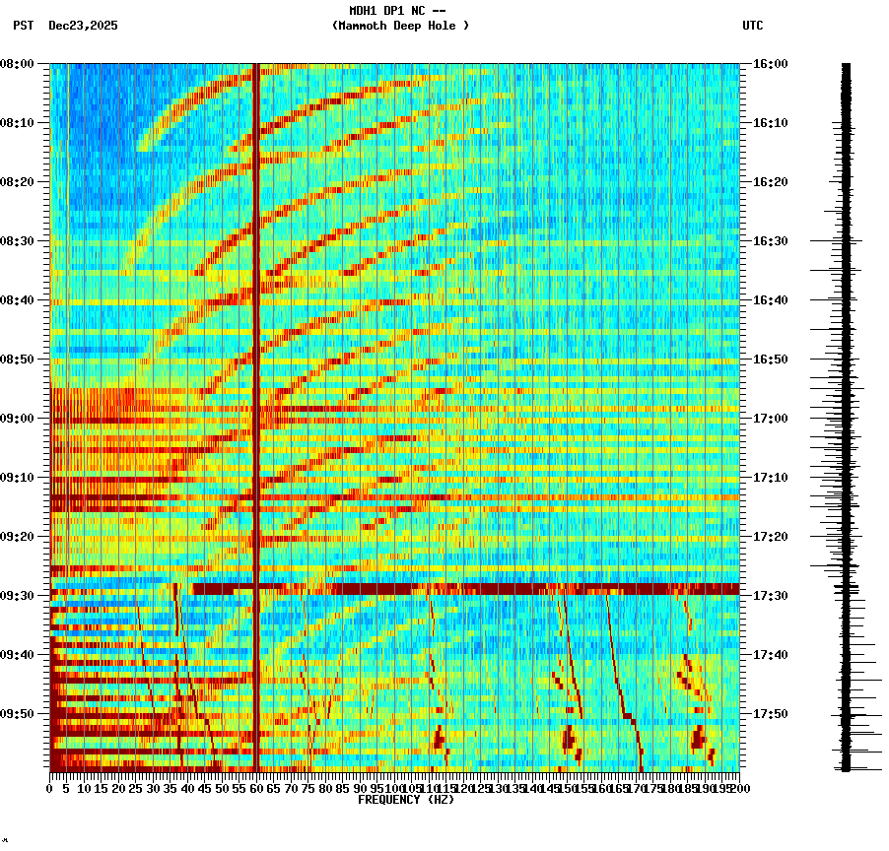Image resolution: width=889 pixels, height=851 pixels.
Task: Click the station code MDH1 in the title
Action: coord(365,11)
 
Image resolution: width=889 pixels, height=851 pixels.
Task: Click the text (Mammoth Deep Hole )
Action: coord(400,26)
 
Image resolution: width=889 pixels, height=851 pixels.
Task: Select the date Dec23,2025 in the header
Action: coord(83,26)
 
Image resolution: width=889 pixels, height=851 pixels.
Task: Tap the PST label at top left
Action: coord(24,26)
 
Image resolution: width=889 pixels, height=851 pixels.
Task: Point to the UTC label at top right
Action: coord(752,26)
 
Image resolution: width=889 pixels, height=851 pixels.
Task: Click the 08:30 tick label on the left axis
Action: coord(18,241)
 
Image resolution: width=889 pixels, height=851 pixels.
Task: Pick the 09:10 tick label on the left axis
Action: coord(18,478)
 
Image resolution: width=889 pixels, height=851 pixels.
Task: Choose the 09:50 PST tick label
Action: coord(18,714)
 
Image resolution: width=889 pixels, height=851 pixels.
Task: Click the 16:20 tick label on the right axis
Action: coord(770,182)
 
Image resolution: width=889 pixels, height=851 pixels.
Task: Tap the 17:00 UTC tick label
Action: coord(770,419)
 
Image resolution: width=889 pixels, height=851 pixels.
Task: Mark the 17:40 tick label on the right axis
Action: coord(770,655)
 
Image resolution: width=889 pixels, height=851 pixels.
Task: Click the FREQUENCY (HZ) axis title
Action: coord(405,800)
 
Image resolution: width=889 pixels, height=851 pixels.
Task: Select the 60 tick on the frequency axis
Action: coord(256,788)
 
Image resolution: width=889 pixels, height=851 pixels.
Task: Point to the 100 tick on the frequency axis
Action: coord(394,788)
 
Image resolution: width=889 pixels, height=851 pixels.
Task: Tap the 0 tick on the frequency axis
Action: coord(50,788)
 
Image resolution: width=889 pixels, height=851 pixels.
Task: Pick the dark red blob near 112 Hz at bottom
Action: coord(439,738)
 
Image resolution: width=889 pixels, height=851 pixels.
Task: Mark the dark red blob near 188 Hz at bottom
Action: coord(699,737)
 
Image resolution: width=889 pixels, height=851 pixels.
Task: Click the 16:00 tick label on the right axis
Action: coord(770,64)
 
